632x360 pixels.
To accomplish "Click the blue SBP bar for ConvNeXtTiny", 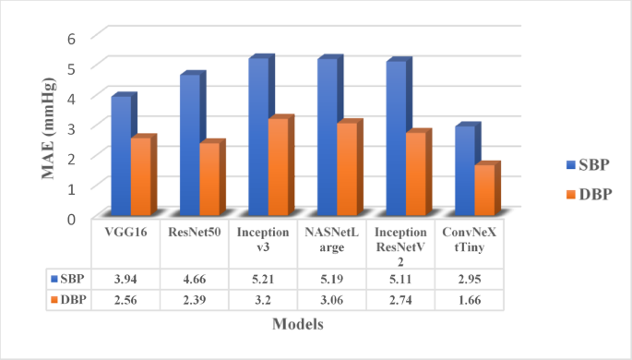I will coord(465,171).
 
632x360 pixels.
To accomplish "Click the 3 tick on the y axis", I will coord(71,126).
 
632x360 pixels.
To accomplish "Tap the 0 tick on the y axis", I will coord(71,218).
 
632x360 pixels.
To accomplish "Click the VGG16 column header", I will coord(126,233).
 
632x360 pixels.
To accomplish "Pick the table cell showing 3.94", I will coord(126,279).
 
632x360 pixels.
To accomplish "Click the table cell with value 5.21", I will coord(263,279).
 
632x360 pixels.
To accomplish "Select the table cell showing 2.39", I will coord(195,300).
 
